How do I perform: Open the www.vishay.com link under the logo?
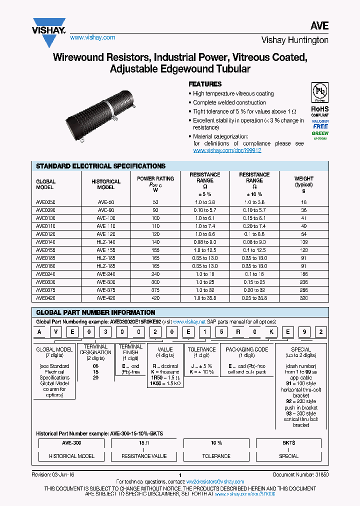click(92, 37)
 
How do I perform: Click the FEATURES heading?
click(204, 84)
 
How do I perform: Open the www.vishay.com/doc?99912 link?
click(227, 150)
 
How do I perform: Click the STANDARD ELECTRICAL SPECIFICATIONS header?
click(100, 166)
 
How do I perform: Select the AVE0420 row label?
click(46, 298)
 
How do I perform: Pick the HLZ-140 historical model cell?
click(105, 242)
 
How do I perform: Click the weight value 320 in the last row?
click(303, 298)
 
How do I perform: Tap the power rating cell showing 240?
click(155, 274)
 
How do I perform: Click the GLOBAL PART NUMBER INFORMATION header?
click(95, 312)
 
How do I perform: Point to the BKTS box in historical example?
click(288, 443)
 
